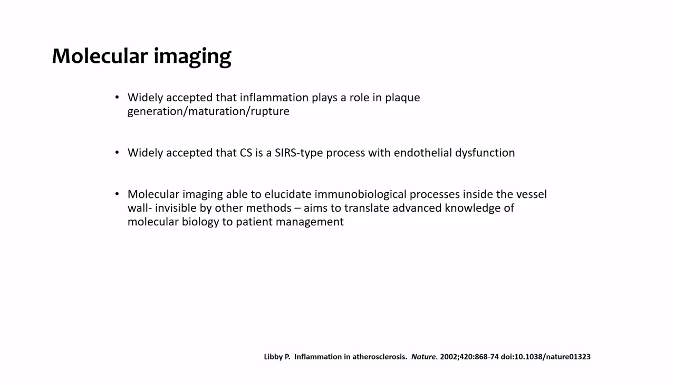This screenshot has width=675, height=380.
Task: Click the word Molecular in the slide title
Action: click(x=100, y=56)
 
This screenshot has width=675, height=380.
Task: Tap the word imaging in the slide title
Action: click(x=192, y=58)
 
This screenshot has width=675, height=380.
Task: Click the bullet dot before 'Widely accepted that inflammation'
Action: click(x=117, y=97)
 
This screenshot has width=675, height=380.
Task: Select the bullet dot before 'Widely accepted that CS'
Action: click(x=117, y=153)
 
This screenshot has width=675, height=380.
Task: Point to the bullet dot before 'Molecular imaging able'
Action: click(x=117, y=194)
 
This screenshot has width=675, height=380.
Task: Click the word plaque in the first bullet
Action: click(x=402, y=98)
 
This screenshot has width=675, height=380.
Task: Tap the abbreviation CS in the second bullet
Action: click(x=246, y=153)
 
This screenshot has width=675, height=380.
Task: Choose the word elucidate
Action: click(x=288, y=194)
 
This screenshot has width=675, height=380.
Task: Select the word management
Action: click(x=310, y=223)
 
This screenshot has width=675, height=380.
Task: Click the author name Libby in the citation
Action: click(x=273, y=357)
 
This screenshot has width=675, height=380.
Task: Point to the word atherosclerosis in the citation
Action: click(x=380, y=357)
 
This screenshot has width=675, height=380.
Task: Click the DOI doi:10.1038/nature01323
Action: click(x=545, y=357)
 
